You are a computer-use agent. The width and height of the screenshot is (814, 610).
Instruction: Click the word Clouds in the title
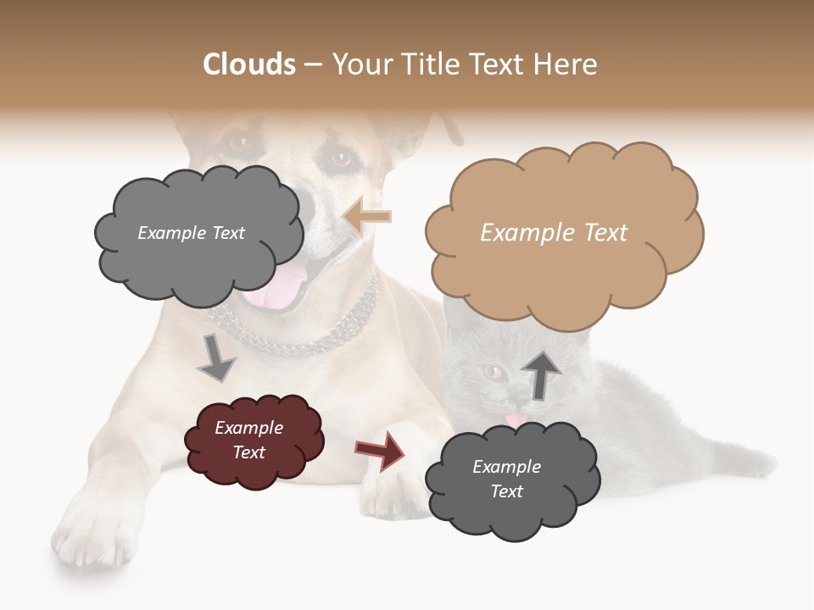pos(249,64)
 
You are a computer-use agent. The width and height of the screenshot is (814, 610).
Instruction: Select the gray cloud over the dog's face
pos(197,235)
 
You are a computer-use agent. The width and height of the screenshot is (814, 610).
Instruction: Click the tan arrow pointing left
pos(367,217)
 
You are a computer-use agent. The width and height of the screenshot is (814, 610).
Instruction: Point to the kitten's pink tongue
pos(515,419)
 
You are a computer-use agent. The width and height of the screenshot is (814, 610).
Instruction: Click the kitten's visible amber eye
pos(490,371)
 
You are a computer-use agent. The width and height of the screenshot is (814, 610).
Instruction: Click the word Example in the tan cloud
pos(519,232)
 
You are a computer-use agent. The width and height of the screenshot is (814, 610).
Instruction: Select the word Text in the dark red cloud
pos(249,452)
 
